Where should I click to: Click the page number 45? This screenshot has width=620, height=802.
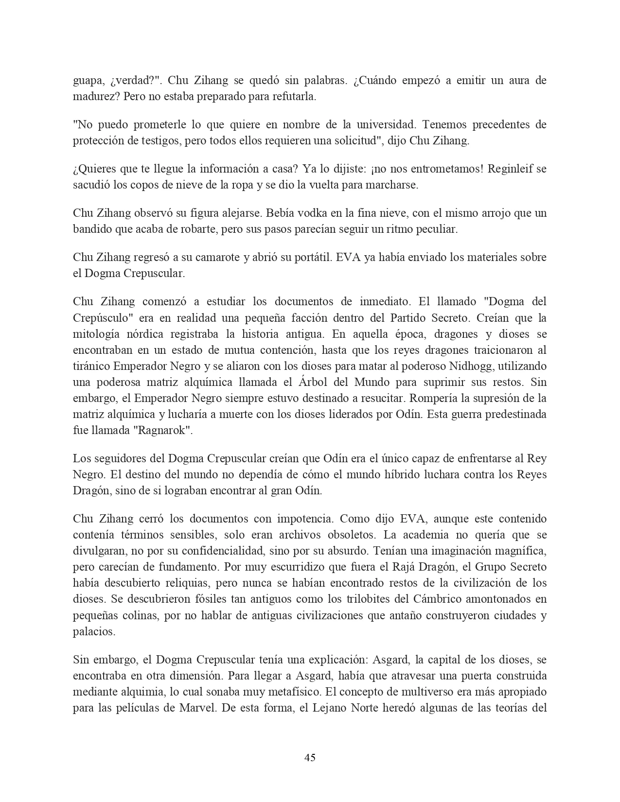(x=310, y=757)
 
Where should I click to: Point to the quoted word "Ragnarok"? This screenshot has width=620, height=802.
(x=167, y=430)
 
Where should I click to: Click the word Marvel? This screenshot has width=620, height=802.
(x=195, y=708)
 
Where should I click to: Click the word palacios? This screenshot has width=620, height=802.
(x=94, y=631)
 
